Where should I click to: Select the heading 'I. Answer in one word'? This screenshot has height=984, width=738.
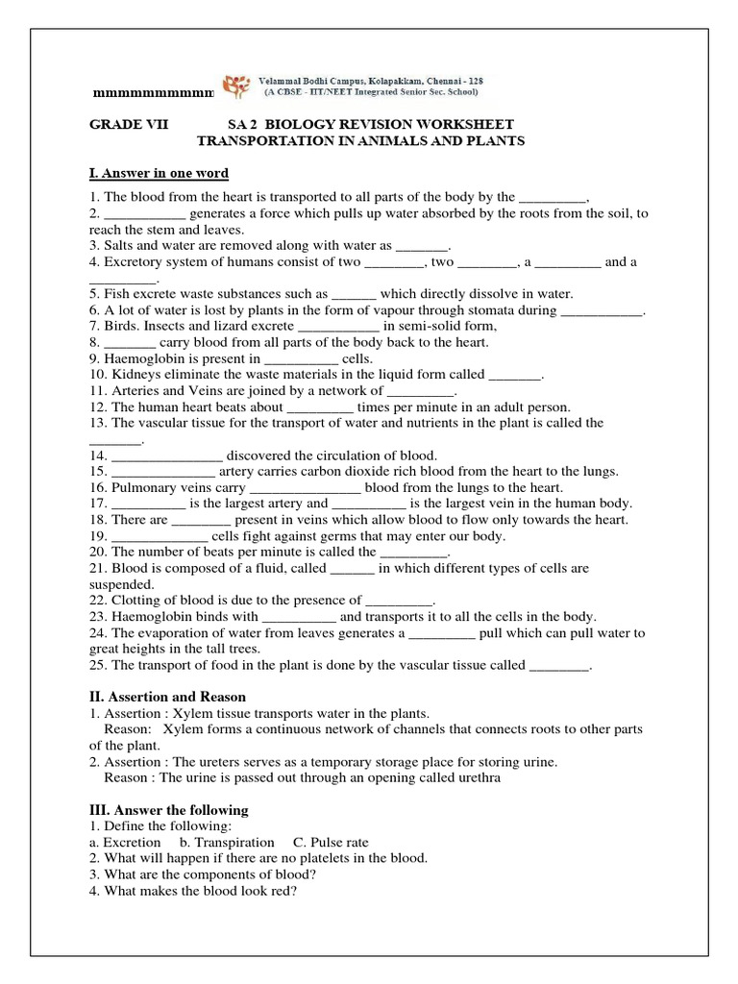[x=159, y=173]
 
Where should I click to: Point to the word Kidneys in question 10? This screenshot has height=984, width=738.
[x=141, y=375]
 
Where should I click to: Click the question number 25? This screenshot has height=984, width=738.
[x=97, y=665]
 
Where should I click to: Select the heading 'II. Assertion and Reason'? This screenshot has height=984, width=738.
[x=167, y=697]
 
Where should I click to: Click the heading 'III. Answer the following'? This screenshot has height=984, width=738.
[x=168, y=810]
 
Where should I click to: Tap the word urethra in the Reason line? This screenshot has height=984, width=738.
[x=471, y=778]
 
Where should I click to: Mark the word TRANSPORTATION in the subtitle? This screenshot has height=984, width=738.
[x=264, y=141]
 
